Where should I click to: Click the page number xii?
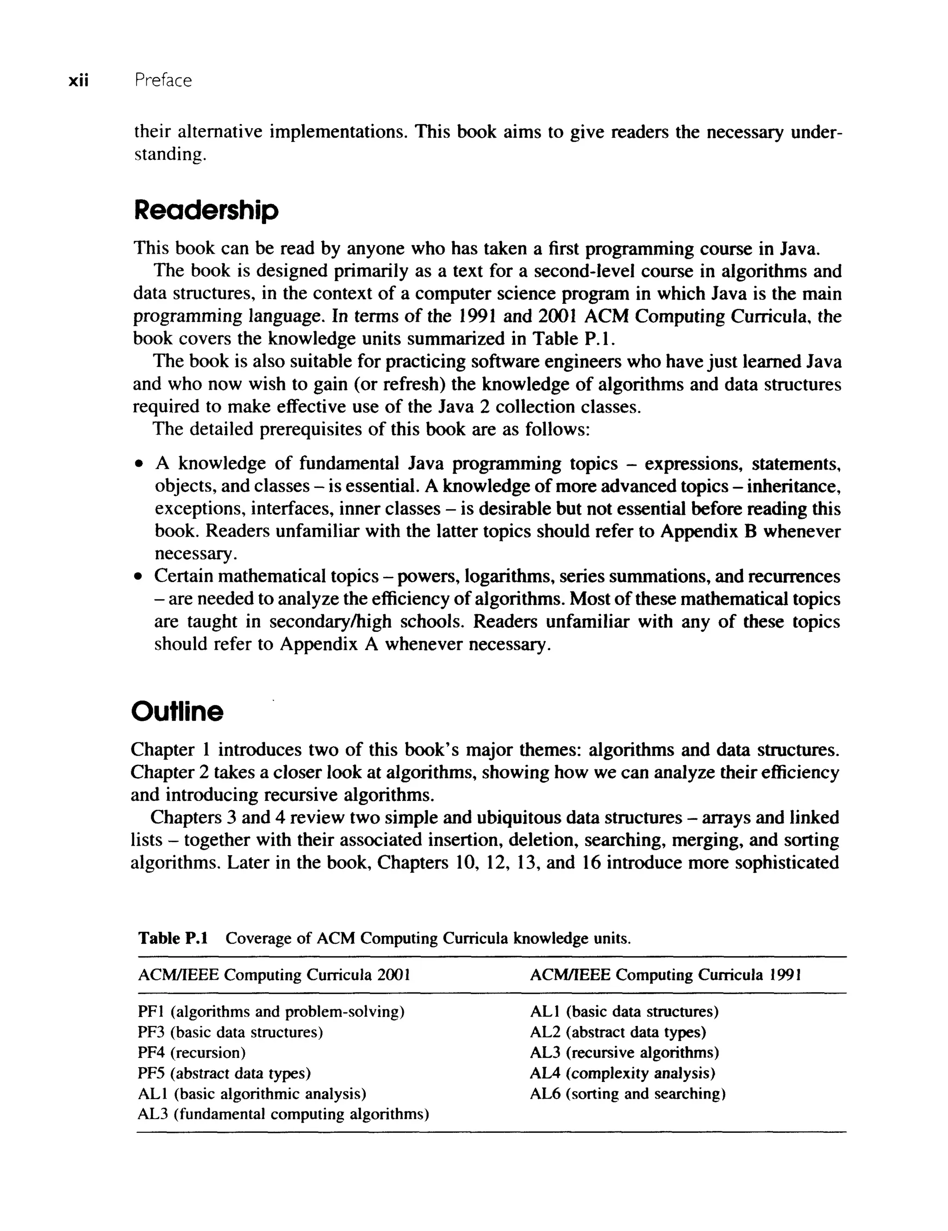tap(78, 81)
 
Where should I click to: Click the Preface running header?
tap(163, 81)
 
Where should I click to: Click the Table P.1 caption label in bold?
tap(173, 938)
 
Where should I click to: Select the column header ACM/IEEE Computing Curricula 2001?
tap(274, 975)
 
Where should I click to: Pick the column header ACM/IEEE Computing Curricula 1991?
tap(665, 975)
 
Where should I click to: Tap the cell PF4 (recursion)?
tap(192, 1052)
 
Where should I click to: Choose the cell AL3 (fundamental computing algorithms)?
tap(283, 1114)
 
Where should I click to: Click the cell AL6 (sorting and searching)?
tap(628, 1094)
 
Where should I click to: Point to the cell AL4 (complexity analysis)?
tap(622, 1073)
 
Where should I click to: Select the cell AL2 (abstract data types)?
tap(617, 1032)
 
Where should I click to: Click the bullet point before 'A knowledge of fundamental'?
tap(137, 465)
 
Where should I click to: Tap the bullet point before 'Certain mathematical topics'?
tap(137, 578)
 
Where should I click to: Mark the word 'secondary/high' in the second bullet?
tap(330, 622)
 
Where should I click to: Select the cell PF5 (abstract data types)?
tap(225, 1073)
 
